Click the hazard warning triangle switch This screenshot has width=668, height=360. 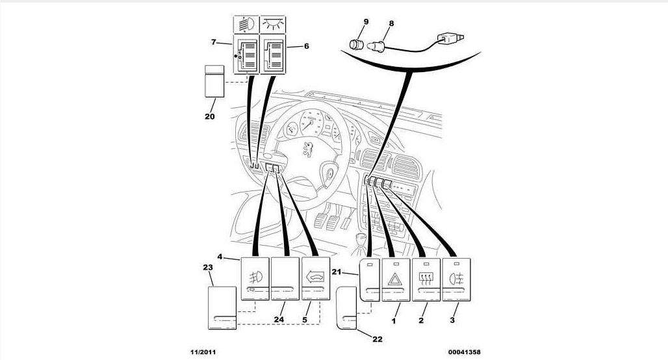click(396, 280)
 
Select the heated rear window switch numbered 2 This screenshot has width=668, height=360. click(426, 280)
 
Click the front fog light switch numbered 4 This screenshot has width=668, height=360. click(255, 279)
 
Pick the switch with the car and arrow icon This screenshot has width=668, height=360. click(316, 279)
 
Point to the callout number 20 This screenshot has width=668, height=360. click(209, 117)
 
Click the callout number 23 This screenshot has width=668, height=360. click(208, 267)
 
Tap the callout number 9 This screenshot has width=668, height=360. click(366, 22)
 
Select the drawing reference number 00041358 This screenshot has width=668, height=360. click(464, 352)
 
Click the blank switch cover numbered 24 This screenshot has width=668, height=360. click(285, 279)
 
